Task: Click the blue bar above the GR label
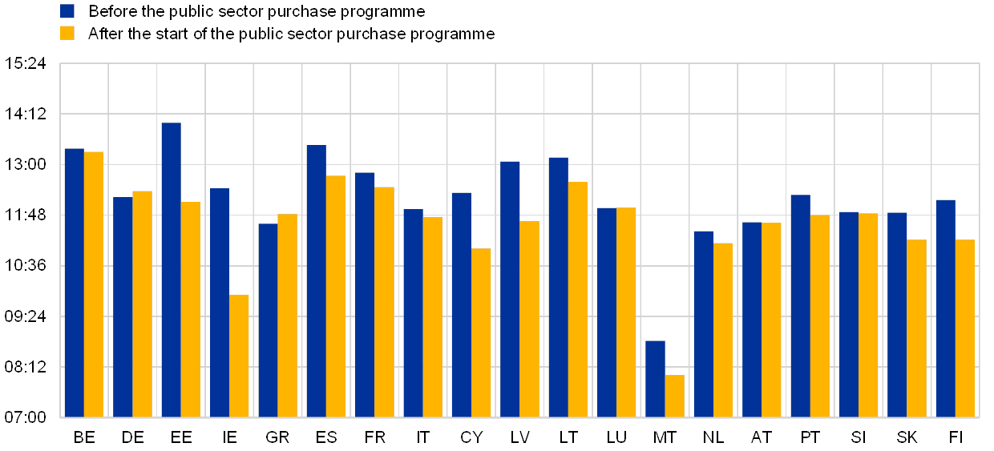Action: (268, 320)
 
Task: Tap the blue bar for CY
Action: (461, 304)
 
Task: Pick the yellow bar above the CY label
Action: (481, 332)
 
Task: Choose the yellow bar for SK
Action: (916, 328)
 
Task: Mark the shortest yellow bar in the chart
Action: (675, 396)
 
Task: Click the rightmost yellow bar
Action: (965, 328)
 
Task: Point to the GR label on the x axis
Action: (277, 437)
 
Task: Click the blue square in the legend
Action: (67, 11)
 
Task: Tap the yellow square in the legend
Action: (67, 34)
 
